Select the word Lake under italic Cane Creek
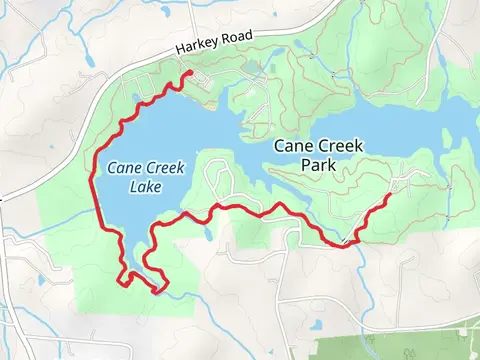click(x=136, y=186)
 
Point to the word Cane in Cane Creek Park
click(x=294, y=146)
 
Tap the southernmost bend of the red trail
click(x=158, y=291)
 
